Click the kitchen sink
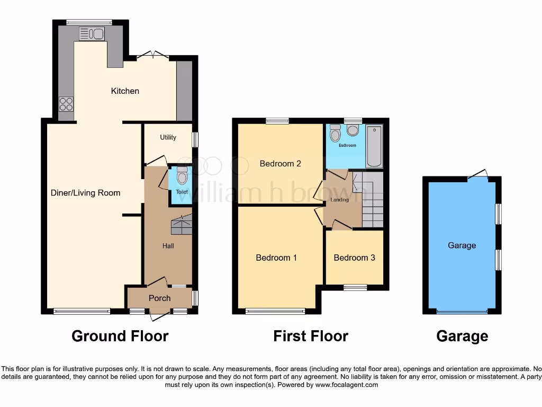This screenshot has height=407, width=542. point(92,34)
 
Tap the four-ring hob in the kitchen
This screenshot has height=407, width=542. point(66,104)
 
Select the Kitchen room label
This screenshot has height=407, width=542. point(125,91)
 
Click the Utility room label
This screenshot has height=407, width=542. point(168,137)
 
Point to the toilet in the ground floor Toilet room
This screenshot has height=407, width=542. point(182,174)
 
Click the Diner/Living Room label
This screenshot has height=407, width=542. point(85,193)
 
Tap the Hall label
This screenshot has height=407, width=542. point(168,246)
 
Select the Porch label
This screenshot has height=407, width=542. point(159,298)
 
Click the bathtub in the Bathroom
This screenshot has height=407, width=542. point(374,145)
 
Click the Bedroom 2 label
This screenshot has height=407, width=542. point(280,164)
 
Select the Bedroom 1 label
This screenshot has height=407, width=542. point(276,258)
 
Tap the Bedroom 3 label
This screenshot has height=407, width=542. point(354,258)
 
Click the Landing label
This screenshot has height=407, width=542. point(339,200)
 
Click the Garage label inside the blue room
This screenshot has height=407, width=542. point(462,245)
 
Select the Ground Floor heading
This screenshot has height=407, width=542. point(120,336)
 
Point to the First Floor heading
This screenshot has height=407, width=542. point(311,336)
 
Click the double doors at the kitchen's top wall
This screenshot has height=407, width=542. point(152,55)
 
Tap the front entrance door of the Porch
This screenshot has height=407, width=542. point(158,316)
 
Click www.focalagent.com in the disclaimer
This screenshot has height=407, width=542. point(346,385)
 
